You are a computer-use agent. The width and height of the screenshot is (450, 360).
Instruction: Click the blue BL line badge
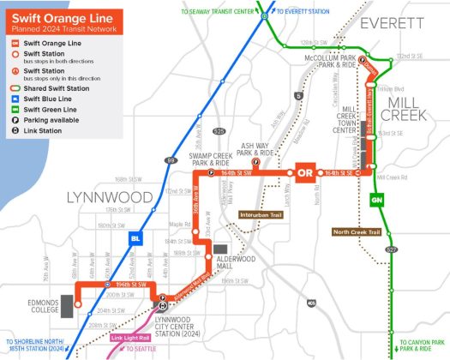[135, 237]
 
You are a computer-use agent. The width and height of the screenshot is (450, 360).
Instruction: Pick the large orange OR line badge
[304, 173]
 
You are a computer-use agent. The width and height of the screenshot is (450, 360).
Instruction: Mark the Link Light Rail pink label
[130, 338]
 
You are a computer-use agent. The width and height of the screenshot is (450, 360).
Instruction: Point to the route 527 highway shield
[392, 249]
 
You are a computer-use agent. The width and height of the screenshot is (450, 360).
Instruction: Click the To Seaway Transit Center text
[218, 11]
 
